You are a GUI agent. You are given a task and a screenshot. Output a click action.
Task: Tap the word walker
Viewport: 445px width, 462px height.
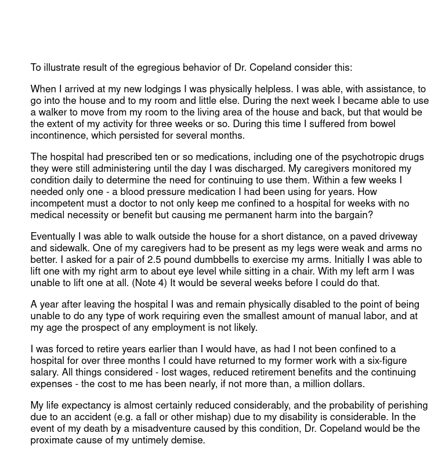tap(53, 112)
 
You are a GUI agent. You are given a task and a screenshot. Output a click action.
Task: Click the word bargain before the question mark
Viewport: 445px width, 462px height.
tap(351, 215)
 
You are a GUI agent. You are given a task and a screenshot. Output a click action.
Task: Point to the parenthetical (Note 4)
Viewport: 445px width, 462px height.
tap(151, 283)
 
